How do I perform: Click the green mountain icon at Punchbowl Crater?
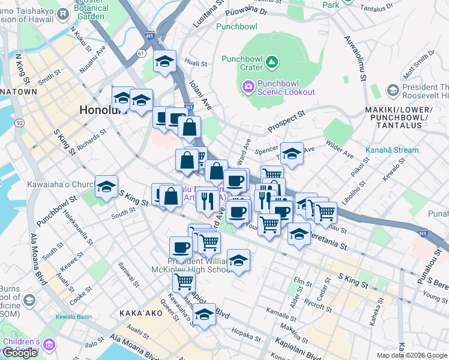(x=272, y=61)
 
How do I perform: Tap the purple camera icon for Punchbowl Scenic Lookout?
(x=248, y=88)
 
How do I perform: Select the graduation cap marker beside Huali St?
(x=164, y=61)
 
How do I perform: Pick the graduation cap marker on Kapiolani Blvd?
(x=204, y=314)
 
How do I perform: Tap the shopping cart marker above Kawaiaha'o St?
(x=184, y=282)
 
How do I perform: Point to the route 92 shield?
(x=20, y=123)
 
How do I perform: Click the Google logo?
(x=20, y=352)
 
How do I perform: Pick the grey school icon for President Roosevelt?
(x=393, y=91)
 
